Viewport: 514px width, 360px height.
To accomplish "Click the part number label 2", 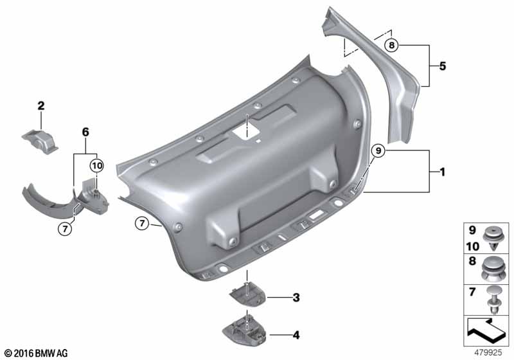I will pyautogui.click(x=40, y=105).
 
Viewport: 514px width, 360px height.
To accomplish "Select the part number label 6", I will pyautogui.click(x=84, y=131).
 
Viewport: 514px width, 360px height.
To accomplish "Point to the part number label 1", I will pyautogui.click(x=442, y=172).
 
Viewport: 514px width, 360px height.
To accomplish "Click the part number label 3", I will pyautogui.click(x=296, y=298).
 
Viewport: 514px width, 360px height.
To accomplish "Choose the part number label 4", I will pyautogui.click(x=296, y=334).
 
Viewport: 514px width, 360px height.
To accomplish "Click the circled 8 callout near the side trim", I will pyautogui.click(x=393, y=45).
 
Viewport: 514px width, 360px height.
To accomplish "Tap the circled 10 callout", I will pyautogui.click(x=96, y=165).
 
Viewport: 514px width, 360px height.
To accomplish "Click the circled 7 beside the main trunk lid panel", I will pyautogui.click(x=143, y=223).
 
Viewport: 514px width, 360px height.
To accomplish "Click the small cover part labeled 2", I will pyautogui.click(x=40, y=139).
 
